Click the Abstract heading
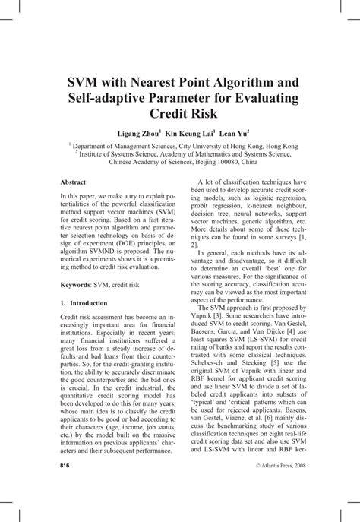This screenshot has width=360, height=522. [73, 182]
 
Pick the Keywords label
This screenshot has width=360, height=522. [77, 283]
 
